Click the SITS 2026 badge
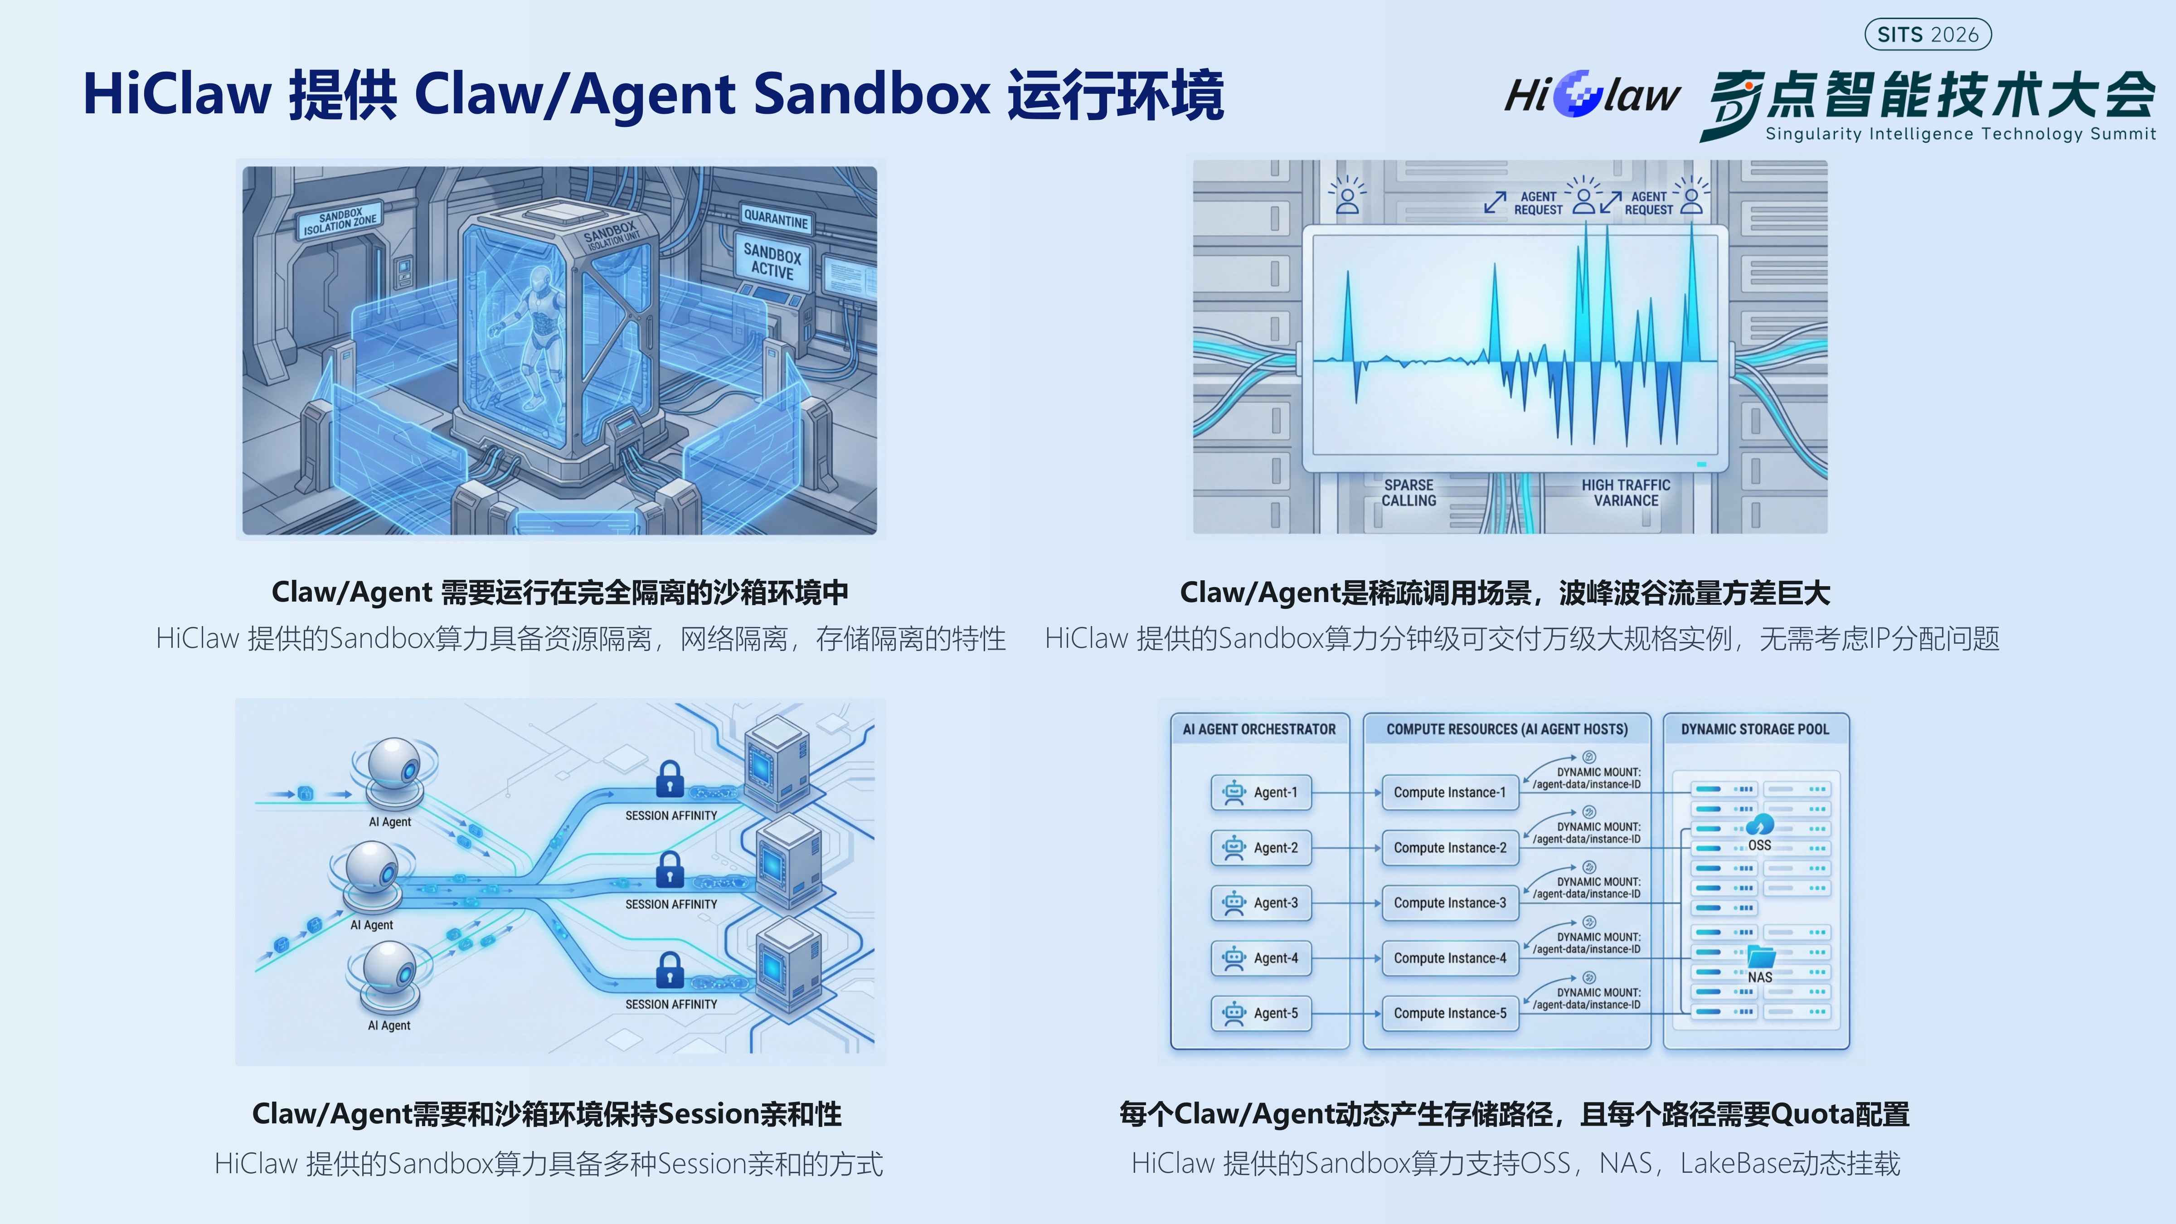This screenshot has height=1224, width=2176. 1928,34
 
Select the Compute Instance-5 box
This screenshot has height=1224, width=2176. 1450,1013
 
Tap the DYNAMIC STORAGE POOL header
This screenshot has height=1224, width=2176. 1754,729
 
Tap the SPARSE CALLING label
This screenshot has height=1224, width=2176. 1408,492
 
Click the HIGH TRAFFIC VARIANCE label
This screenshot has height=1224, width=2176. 1626,492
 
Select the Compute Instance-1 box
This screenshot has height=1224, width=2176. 1450,792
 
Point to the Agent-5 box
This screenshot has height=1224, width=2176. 1261,1013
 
